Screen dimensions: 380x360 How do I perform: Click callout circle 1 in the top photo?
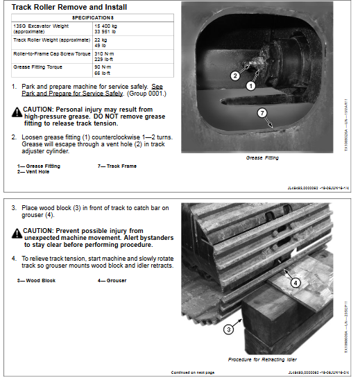point(250,86)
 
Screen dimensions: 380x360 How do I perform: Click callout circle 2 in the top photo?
point(234,76)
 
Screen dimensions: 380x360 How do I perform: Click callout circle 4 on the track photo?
point(295,282)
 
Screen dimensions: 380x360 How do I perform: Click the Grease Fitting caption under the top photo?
point(262,158)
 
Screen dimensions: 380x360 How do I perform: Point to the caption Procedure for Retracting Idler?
point(263,360)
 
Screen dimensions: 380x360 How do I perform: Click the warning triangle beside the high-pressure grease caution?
point(16,112)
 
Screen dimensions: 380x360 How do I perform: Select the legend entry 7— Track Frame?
point(117,166)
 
